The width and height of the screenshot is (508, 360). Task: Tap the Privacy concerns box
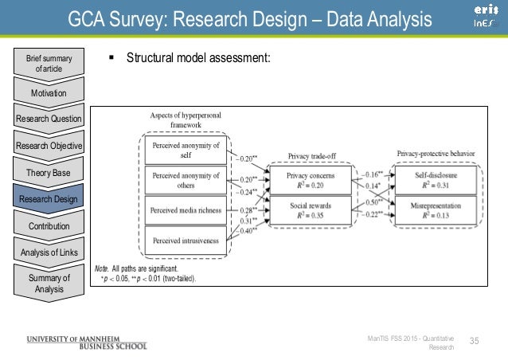(310, 181)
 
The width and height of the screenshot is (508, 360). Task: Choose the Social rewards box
(310, 209)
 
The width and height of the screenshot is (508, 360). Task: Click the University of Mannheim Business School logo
(87, 341)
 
